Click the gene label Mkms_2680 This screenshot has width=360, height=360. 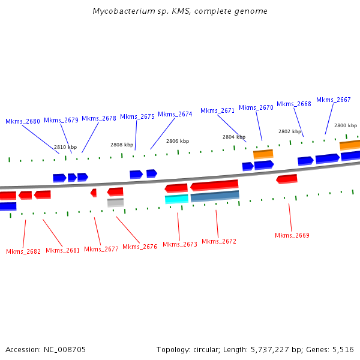tap(23, 121)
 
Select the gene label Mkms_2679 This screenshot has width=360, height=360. tap(61, 120)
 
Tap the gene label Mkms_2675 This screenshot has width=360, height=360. tap(137, 116)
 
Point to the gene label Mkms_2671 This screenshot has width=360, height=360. tap(217, 110)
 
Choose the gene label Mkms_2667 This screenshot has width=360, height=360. tap(334, 100)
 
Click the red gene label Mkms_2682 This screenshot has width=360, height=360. tap(23, 251)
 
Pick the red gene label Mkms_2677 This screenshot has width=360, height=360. tap(101, 249)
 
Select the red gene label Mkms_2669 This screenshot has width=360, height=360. tap(292, 235)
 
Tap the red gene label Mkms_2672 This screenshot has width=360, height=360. tap(219, 241)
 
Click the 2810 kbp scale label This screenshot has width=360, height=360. tap(65, 147)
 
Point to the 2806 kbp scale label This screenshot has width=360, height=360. tap(178, 141)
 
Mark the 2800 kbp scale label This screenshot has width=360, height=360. tap(346, 125)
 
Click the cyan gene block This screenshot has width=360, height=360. tap(176, 199)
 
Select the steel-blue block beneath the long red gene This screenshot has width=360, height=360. tap(215, 196)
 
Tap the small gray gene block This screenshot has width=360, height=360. tap(115, 203)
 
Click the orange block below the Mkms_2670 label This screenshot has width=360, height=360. tap(263, 154)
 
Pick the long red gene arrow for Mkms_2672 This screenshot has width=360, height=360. tap(214, 185)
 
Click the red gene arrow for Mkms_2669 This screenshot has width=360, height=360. tap(287, 179)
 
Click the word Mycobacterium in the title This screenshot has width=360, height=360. tap(121, 11)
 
